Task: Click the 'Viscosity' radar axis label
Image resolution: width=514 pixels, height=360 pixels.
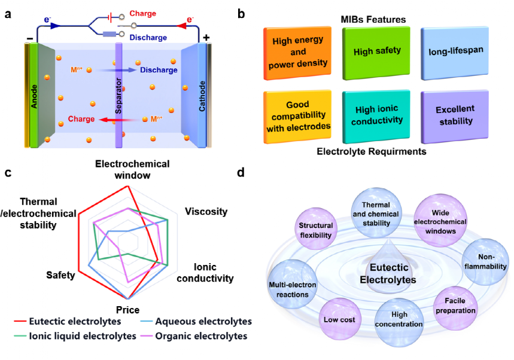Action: [206, 212]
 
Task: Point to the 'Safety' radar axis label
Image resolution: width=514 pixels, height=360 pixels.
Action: [60, 275]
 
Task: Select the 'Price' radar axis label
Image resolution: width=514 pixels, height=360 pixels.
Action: [127, 310]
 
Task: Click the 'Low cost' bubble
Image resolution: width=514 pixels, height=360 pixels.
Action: [340, 319]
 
